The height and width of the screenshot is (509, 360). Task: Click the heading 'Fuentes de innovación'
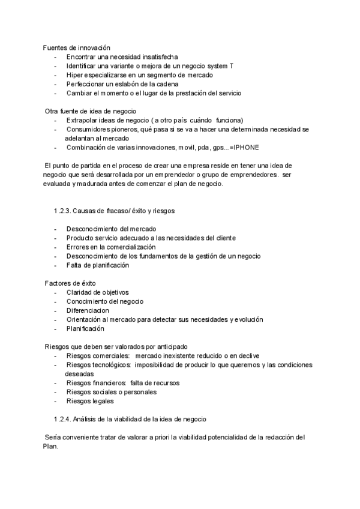click(x=76, y=47)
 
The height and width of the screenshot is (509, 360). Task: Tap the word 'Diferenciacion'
click(x=88, y=310)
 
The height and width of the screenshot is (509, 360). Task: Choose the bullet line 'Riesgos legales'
click(x=89, y=401)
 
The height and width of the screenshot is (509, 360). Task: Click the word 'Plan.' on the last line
click(x=50, y=446)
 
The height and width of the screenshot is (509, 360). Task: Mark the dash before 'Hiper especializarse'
click(x=55, y=75)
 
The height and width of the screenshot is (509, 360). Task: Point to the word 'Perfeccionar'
click(x=85, y=84)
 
